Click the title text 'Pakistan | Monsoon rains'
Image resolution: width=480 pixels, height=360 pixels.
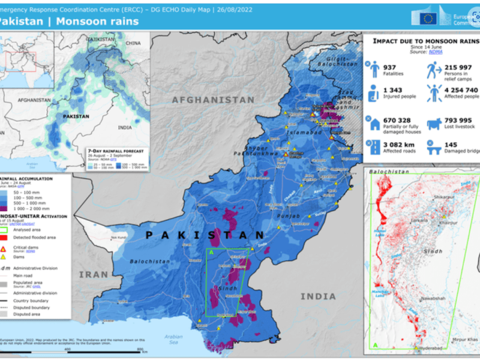(x=68, y=22)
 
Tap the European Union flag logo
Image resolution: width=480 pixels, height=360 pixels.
(x=428, y=18)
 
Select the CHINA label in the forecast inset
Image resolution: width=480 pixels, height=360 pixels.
(x=133, y=43)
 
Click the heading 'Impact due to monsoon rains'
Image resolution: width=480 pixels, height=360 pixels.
(x=424, y=41)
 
